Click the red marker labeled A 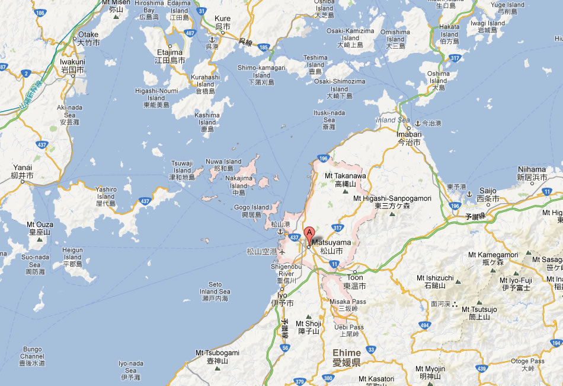309,233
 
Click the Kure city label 223,19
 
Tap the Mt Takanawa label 346,176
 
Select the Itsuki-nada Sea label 329,113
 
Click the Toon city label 355,278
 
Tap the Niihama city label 531,169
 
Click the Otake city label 88,35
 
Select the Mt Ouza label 40,224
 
